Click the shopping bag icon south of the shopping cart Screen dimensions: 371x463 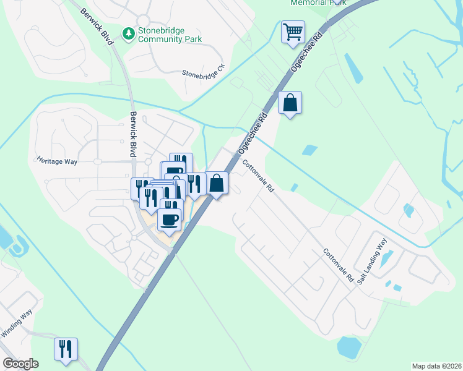click(290, 103)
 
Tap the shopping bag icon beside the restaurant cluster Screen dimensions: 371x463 click(217, 183)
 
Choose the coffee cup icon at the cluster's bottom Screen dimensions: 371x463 click(170, 219)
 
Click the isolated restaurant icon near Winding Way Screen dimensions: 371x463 click(65, 349)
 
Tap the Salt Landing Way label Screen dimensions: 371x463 click(372, 260)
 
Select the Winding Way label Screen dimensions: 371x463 click(16, 324)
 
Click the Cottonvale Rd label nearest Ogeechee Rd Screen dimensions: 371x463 click(258, 176)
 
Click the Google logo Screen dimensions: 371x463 click(20, 364)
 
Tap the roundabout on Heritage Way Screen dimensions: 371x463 click(97, 161)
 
